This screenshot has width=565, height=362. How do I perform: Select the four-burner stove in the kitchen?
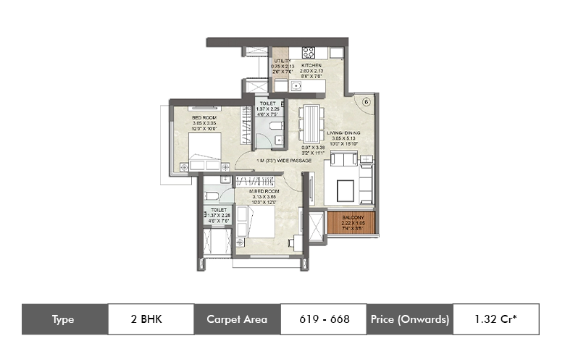pyautogui.click(x=309, y=52)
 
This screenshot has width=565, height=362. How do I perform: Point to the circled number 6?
pyautogui.click(x=366, y=102)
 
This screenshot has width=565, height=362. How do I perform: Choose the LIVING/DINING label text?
pyautogui.click(x=344, y=134)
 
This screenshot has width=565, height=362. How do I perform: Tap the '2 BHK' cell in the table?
pyautogui.click(x=151, y=319)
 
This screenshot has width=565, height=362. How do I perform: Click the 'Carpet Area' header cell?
pyautogui.click(x=237, y=319)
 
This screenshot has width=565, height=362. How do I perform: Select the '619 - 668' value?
pyautogui.click(x=323, y=319)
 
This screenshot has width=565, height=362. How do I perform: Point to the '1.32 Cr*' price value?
pyautogui.click(x=495, y=319)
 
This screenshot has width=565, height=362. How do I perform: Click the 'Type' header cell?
pyautogui.click(x=64, y=319)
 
